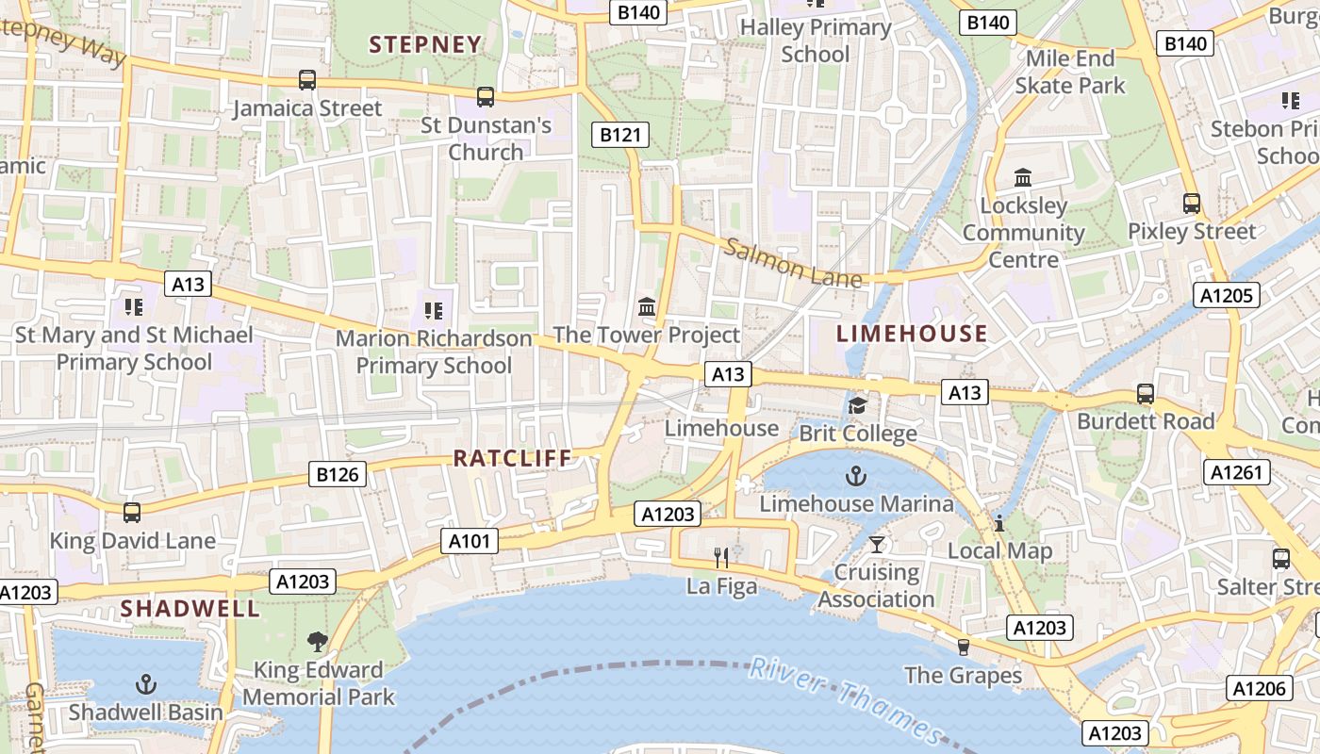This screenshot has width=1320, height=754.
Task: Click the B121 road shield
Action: (620, 135)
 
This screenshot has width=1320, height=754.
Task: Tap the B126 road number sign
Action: (338, 474)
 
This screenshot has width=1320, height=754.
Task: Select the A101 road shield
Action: (470, 541)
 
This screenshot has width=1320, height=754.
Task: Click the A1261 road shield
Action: (1236, 472)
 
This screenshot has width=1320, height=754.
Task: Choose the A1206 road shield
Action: (1260, 688)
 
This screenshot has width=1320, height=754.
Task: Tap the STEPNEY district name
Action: (425, 44)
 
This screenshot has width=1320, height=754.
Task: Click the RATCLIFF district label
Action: (513, 458)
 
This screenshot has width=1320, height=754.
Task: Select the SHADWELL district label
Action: (190, 608)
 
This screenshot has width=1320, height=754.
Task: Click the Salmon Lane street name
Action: (792, 263)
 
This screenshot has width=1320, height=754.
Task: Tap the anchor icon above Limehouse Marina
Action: (856, 475)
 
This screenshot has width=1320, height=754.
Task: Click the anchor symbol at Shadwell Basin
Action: (146, 684)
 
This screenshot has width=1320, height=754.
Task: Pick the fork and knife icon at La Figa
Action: (721, 558)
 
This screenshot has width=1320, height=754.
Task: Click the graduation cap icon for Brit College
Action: (857, 405)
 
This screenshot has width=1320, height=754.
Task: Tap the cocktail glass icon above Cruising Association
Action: (877, 544)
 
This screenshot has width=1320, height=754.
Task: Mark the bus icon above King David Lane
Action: (132, 513)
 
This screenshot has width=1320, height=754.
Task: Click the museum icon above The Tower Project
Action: (647, 306)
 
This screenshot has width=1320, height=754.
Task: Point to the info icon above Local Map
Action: (999, 523)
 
